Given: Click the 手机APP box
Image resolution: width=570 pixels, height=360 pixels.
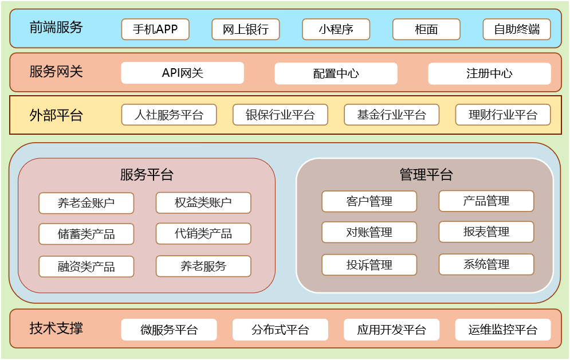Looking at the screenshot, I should [x=155, y=29].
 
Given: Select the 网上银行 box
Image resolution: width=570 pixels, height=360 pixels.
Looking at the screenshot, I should [x=246, y=29].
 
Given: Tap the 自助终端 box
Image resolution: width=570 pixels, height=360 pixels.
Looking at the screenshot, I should [x=517, y=29].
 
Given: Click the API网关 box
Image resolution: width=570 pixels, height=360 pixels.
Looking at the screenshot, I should [x=183, y=73].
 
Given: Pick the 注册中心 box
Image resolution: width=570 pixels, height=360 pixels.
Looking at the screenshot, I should [x=489, y=73].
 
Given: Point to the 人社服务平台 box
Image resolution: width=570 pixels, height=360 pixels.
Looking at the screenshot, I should [x=169, y=115].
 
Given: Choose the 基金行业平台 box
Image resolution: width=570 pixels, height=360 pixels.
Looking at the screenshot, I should [x=392, y=115].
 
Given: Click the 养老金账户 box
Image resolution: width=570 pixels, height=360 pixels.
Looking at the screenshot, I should [x=87, y=203].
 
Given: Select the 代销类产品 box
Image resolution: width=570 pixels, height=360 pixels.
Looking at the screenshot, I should [x=203, y=233].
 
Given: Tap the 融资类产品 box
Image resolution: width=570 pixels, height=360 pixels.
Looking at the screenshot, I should [x=87, y=267].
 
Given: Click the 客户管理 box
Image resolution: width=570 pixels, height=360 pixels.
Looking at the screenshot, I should [x=369, y=201].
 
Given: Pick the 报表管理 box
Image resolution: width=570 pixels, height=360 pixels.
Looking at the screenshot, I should [x=486, y=232].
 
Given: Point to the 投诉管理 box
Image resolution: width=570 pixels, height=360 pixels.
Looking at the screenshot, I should [x=369, y=265].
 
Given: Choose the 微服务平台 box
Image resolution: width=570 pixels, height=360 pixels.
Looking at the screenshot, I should [x=169, y=330].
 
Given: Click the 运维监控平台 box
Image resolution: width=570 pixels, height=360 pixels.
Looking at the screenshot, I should [x=503, y=330].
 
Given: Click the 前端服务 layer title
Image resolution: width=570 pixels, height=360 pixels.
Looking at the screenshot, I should [x=56, y=27].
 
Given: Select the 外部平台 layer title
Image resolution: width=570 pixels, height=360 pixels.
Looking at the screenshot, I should [x=56, y=115].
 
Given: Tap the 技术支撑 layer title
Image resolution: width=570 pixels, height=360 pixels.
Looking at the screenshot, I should [x=56, y=328].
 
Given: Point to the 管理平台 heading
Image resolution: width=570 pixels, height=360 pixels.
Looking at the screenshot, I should [x=426, y=175].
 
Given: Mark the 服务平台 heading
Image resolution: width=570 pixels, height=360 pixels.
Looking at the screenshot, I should [x=147, y=175].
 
